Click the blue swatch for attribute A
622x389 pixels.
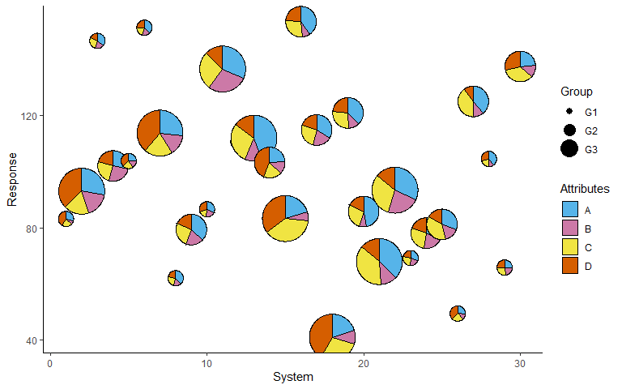pos(570,208)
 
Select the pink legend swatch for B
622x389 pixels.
pos(570,228)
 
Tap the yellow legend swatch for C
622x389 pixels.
pos(570,247)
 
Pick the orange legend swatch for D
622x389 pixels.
pos(570,267)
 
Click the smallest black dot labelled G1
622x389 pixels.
pos(570,111)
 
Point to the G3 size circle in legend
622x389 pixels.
pos(570,149)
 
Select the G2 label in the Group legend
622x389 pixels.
pos(590,130)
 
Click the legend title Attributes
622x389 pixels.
pos(585,189)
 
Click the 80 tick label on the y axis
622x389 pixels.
pos(35,229)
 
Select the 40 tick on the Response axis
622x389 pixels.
pos(35,340)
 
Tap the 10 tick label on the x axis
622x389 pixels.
pos(207,363)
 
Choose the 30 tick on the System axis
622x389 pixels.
pos(520,363)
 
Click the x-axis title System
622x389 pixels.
pos(292,378)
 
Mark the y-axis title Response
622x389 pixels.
pos(12,178)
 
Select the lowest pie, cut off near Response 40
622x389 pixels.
pos(332,336)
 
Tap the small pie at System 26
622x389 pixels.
pos(458,314)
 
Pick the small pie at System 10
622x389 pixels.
pos(207,209)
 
